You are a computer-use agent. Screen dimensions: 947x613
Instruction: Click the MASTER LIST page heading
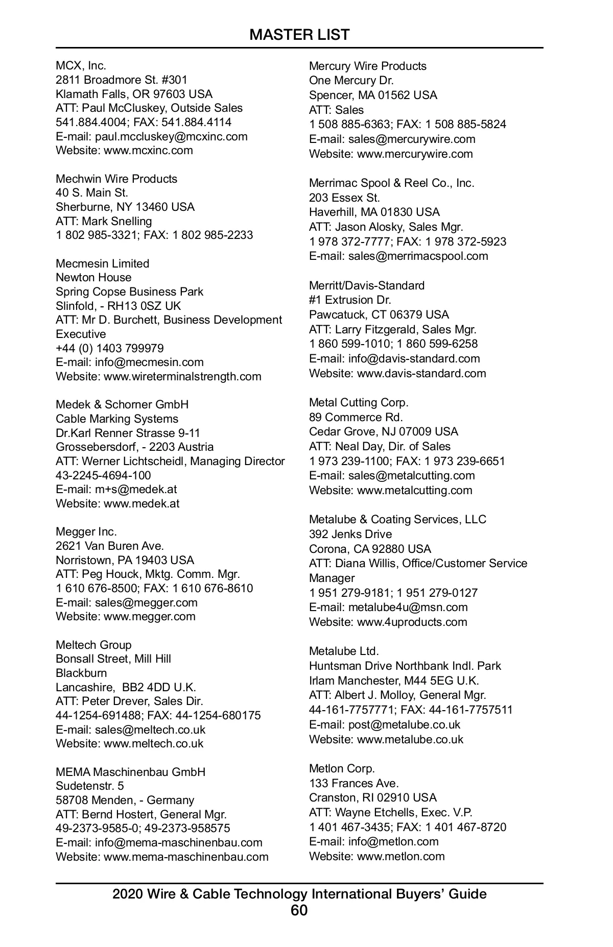[299, 35]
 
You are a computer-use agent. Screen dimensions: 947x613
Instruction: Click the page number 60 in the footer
[299, 910]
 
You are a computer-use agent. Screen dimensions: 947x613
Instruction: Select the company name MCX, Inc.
[81, 66]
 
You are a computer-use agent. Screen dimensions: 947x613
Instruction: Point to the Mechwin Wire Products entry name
[116, 179]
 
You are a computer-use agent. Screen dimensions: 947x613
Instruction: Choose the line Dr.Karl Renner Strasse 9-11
[128, 433]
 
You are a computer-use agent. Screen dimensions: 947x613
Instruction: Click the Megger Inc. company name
[86, 531]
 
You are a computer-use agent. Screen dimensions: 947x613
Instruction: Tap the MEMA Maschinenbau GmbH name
[130, 771]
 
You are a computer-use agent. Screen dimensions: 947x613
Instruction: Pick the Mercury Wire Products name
[367, 66]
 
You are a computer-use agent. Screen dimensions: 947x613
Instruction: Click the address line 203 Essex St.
[344, 198]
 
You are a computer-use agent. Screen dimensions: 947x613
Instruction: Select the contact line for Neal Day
[380, 446]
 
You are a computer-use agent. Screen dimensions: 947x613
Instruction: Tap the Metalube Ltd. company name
[343, 651]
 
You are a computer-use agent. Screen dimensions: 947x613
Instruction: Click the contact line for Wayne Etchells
[390, 812]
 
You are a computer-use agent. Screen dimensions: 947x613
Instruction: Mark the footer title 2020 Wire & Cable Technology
[299, 894]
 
